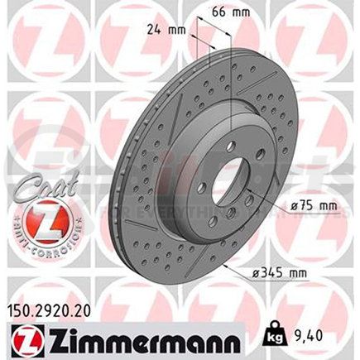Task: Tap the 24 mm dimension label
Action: point(166,29)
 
